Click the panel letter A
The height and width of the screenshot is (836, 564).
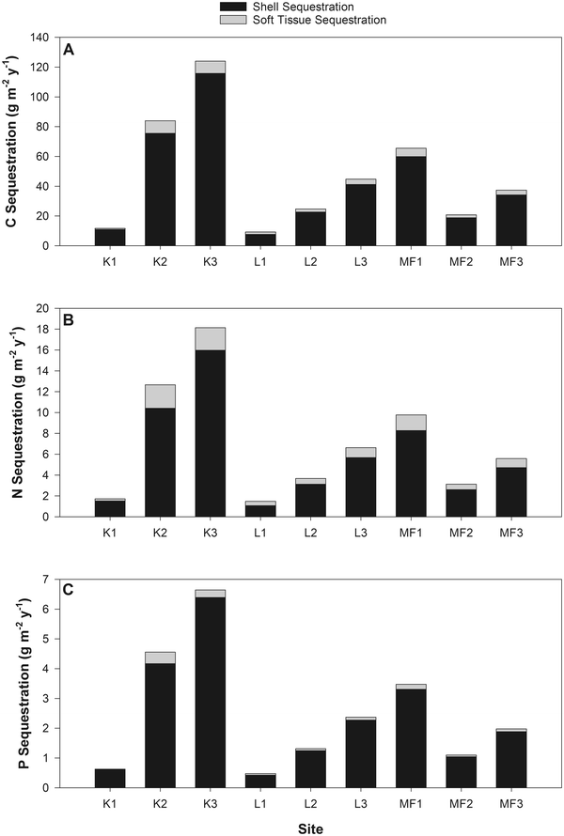pyautogui.click(x=69, y=50)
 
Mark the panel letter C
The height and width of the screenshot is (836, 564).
pyautogui.click(x=69, y=592)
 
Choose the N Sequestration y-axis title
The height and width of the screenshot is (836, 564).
pyautogui.click(x=16, y=411)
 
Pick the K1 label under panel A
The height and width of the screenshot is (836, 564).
pyautogui.click(x=110, y=259)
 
